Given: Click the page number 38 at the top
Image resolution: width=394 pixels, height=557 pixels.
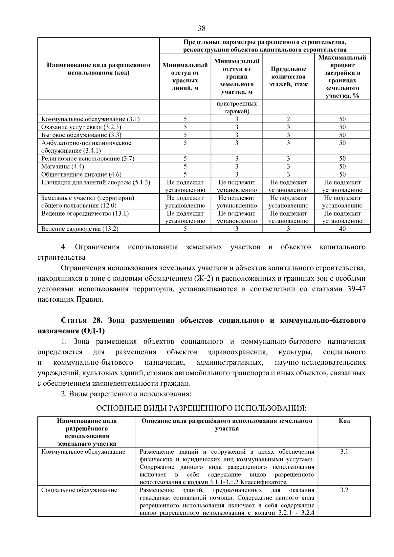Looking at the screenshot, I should pyautogui.click(x=202, y=29).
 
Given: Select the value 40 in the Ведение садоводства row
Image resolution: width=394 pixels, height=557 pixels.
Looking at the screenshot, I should pyautogui.click(x=342, y=229).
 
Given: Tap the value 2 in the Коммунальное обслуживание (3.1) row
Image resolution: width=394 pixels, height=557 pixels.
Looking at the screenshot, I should pyautogui.click(x=288, y=119).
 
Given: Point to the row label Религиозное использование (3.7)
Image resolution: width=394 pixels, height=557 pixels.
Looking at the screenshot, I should pyautogui.click(x=88, y=159).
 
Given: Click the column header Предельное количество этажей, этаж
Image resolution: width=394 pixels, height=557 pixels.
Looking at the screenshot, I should pyautogui.click(x=288, y=77).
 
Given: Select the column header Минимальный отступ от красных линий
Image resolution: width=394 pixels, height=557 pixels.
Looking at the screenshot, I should pyautogui.click(x=185, y=77).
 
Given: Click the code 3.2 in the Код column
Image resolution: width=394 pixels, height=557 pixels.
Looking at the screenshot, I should pyautogui.click(x=344, y=490).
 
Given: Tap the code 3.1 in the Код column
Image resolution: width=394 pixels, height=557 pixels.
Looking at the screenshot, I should pyautogui.click(x=344, y=452).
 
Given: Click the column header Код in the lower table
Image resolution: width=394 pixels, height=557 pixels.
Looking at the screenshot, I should pyautogui.click(x=344, y=421).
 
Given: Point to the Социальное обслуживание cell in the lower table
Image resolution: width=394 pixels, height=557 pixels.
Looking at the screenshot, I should pyautogui.click(x=79, y=490).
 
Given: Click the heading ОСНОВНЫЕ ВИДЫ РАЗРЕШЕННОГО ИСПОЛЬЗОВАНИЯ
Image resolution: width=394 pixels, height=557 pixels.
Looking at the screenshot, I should pyautogui.click(x=201, y=408).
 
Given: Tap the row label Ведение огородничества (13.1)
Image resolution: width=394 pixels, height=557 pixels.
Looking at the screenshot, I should pyautogui.click(x=85, y=214).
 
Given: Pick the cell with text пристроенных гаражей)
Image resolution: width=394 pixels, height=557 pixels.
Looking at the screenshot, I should pyautogui.click(x=237, y=108).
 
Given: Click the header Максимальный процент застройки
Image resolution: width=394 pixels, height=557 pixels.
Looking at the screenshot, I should pyautogui.click(x=342, y=77).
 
